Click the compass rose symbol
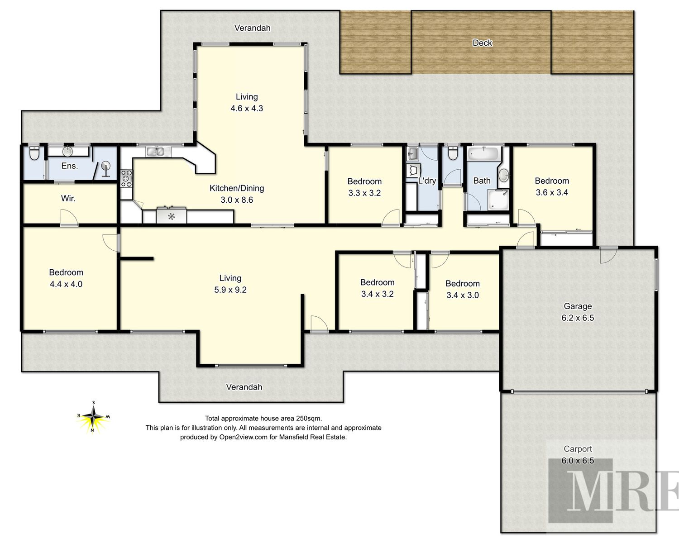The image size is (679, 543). click(93, 417)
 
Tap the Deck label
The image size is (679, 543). click(482, 43)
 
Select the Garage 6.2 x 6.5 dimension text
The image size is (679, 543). click(578, 318)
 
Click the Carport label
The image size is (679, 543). click(578, 449)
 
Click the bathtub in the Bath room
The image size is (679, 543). click(483, 154)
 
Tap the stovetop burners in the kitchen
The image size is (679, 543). click(127, 178)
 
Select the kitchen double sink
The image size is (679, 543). click(155, 152)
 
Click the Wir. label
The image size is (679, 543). click(68, 199)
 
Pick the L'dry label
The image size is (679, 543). click(427, 181)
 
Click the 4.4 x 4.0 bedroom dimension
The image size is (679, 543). click(66, 284)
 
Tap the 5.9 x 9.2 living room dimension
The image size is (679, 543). click(230, 290)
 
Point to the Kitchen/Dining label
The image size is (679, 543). click(237, 188)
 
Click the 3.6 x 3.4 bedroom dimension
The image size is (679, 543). click(552, 192)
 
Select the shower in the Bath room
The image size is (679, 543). click(498, 200)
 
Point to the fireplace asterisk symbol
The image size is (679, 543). click(171, 217)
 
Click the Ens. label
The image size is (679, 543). click(69, 166)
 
